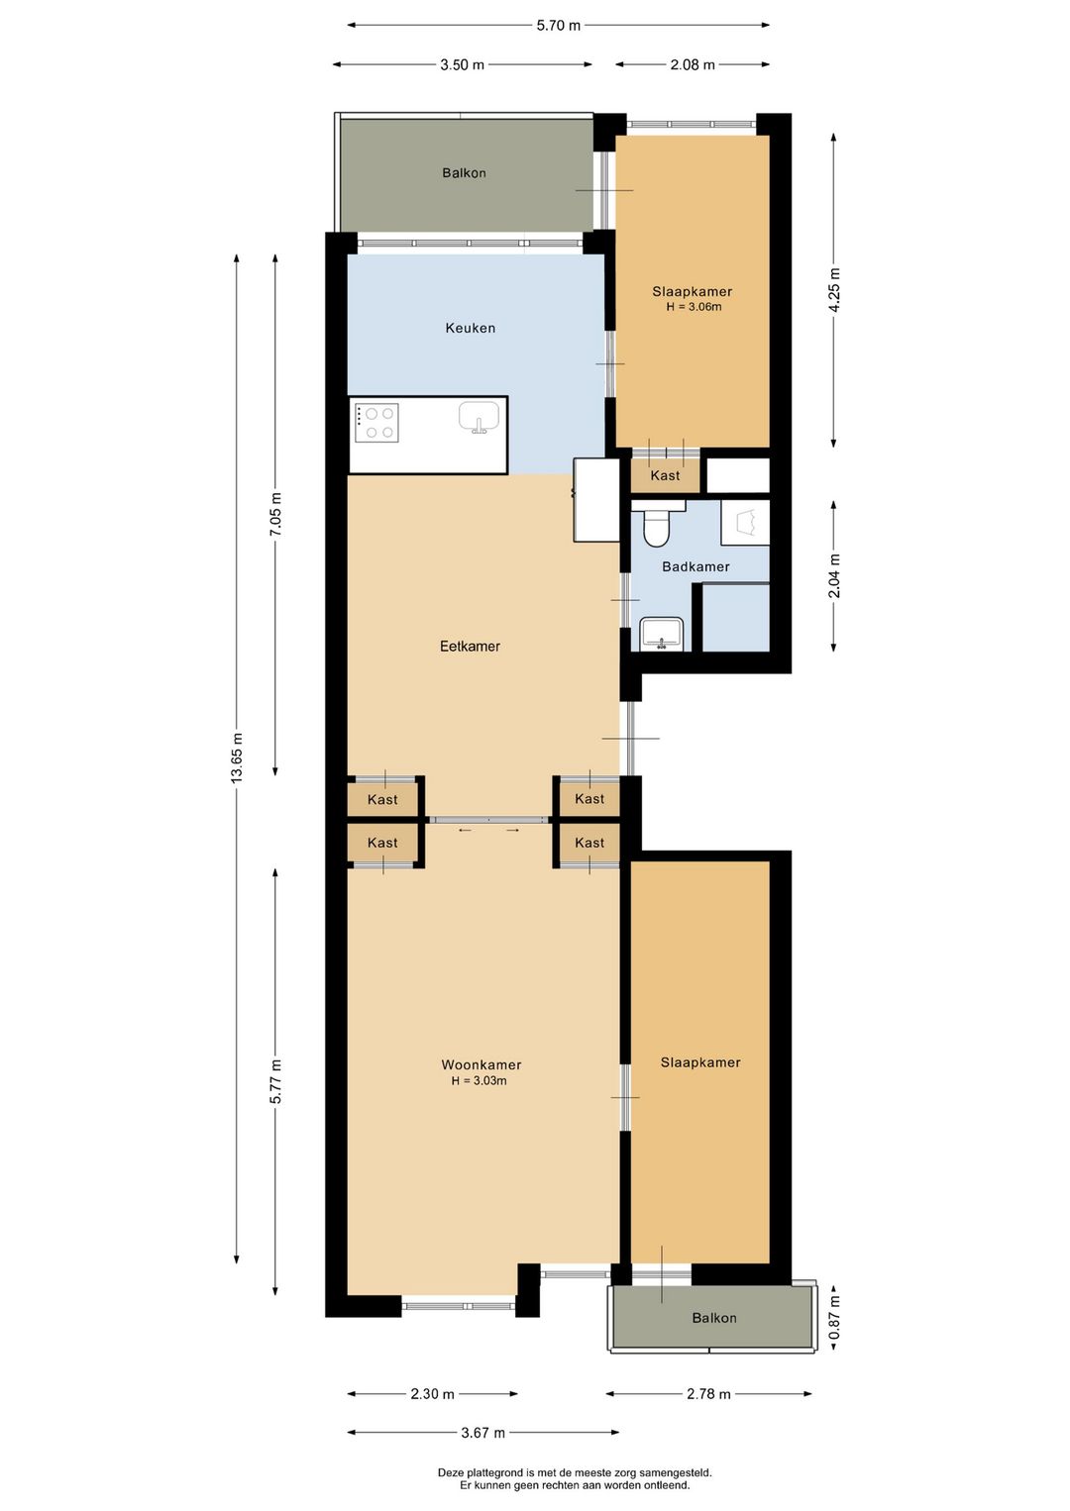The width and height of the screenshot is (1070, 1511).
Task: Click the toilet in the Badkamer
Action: [x=656, y=528]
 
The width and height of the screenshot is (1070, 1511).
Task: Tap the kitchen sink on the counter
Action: [x=479, y=417]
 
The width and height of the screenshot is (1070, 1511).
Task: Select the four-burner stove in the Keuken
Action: [x=376, y=423]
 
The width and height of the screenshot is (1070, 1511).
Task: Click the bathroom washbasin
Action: [x=661, y=634]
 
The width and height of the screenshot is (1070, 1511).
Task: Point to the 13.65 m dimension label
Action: [x=237, y=758]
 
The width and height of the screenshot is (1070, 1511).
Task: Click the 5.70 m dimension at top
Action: [x=558, y=26]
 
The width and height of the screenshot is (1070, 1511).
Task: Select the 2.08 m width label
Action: [x=692, y=65]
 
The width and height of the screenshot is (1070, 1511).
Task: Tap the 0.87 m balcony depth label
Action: [x=834, y=1318]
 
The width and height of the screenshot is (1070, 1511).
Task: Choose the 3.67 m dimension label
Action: [x=482, y=1433]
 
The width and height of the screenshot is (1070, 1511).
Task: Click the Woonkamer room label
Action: [x=481, y=1065]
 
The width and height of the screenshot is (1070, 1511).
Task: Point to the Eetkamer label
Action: [x=470, y=647]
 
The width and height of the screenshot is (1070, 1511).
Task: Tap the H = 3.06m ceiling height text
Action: [x=694, y=307]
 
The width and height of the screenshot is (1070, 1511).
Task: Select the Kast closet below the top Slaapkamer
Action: [x=665, y=475]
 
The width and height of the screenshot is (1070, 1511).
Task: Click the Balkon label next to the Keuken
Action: [x=464, y=173]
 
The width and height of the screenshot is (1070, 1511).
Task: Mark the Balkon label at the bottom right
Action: [x=714, y=1318]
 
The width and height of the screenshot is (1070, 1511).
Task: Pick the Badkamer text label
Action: [x=695, y=567]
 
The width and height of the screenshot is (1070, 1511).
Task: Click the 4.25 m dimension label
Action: [x=834, y=290]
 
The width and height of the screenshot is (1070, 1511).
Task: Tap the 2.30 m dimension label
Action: [x=432, y=1394]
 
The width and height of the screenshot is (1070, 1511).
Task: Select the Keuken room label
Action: [x=470, y=329]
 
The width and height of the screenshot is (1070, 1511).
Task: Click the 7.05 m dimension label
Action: [x=275, y=515]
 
